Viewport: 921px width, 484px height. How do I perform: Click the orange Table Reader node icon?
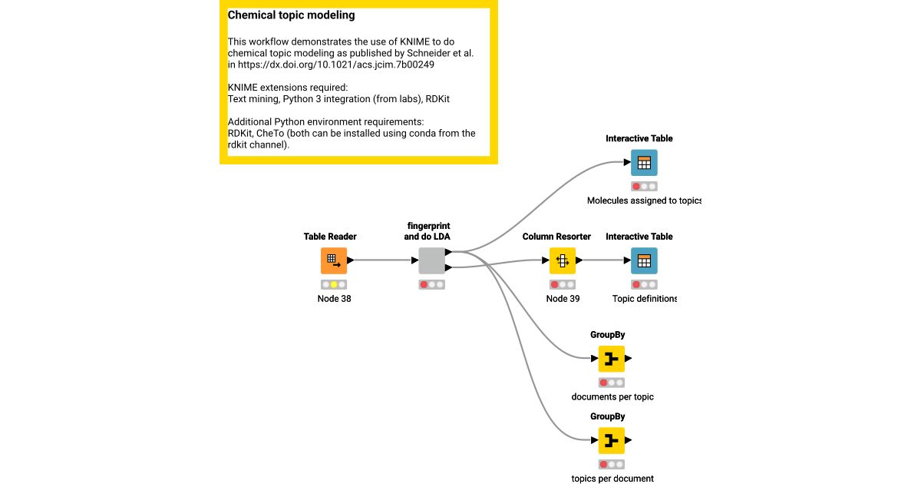tap(334, 260)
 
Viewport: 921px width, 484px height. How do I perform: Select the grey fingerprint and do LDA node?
tap(431, 260)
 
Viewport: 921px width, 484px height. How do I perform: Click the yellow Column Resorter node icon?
tap(563, 260)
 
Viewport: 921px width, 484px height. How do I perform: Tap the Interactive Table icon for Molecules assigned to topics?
tap(644, 163)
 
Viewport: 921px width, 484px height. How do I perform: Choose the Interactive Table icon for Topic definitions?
tap(644, 260)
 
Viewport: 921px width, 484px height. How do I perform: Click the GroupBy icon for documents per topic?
tap(612, 359)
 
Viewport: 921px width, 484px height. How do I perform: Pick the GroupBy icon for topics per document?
tap(612, 440)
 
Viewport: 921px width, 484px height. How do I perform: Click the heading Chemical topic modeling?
tap(291, 15)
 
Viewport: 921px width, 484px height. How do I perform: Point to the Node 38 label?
tap(334, 299)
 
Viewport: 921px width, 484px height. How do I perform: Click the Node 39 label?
tap(563, 299)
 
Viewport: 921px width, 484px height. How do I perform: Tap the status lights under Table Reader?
tap(334, 284)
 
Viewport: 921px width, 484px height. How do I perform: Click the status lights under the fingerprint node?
tap(431, 284)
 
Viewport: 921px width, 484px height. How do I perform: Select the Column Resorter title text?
tap(556, 237)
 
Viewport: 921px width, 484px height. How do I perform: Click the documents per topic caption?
tap(612, 397)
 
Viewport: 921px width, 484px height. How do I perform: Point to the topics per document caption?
tap(612, 479)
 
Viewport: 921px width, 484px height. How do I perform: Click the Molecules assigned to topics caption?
tap(643, 201)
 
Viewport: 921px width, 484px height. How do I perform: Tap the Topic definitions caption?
tap(645, 299)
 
